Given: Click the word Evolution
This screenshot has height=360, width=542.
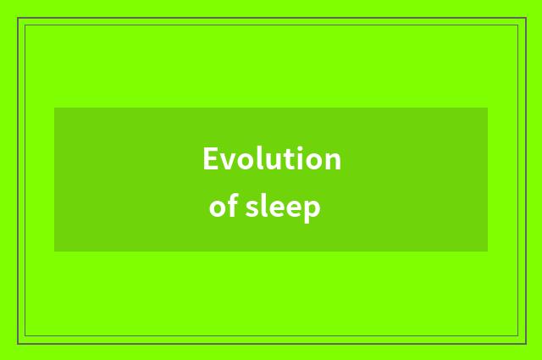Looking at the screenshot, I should (x=271, y=159).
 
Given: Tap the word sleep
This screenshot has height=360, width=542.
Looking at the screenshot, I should (x=282, y=208).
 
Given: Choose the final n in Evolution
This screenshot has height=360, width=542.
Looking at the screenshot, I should (x=333, y=161).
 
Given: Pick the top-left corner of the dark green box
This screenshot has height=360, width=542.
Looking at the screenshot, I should (x=54, y=108).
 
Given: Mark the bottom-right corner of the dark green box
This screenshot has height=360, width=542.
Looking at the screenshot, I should (x=488, y=252).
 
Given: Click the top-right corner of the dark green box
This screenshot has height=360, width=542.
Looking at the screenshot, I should (x=488, y=108).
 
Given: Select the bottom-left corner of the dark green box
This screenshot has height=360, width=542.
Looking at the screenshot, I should (x=54, y=252).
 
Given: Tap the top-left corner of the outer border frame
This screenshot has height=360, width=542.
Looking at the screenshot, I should (x=18, y=18).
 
